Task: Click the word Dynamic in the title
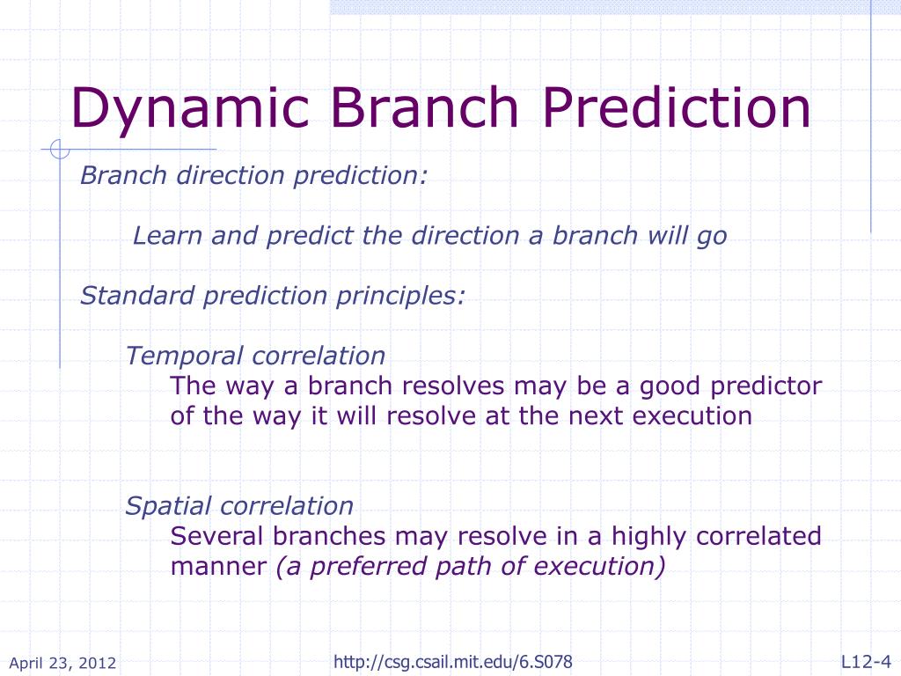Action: (x=190, y=109)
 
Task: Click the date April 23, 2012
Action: (x=62, y=663)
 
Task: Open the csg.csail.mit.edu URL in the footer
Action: (x=453, y=662)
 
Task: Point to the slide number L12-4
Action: (x=866, y=662)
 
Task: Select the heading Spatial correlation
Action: (x=239, y=506)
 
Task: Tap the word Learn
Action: (x=167, y=235)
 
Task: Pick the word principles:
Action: (x=400, y=297)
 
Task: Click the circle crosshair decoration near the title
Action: (x=60, y=149)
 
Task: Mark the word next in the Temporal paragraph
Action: (x=596, y=416)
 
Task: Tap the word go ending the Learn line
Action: (x=713, y=237)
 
